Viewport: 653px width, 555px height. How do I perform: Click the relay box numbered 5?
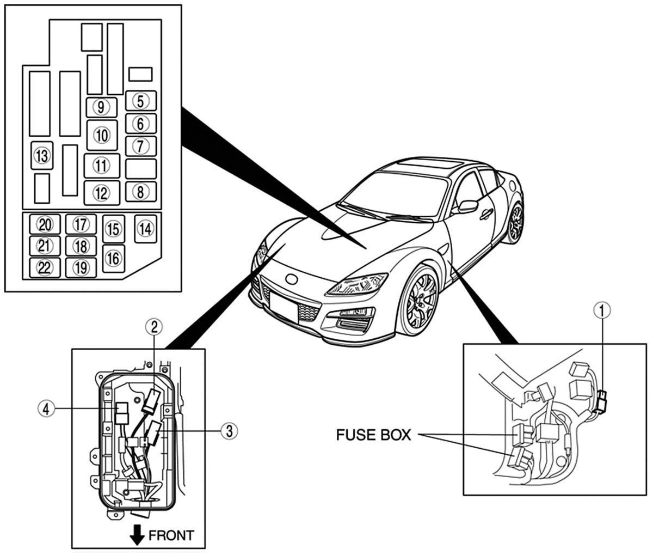point(141,101)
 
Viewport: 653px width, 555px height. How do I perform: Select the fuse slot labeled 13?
point(42,156)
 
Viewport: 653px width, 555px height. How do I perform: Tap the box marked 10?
point(102,136)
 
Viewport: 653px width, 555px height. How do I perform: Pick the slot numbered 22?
point(45,268)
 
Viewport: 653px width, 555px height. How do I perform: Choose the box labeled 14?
point(146,229)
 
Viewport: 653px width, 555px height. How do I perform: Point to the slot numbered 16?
point(113,259)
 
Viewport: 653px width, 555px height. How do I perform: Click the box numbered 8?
point(141,192)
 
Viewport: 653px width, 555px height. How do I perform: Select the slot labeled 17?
point(81,224)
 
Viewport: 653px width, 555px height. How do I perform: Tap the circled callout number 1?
point(602,310)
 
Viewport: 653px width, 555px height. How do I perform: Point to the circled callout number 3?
point(229,431)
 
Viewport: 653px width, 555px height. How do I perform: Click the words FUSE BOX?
point(373,435)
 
